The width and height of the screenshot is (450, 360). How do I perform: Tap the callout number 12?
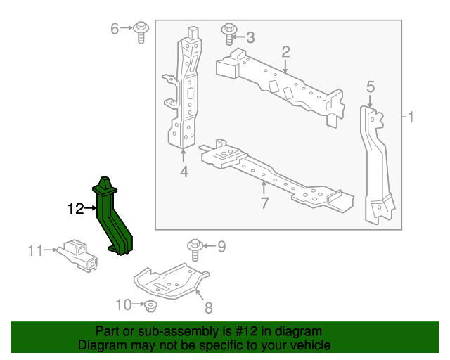coord(75,208)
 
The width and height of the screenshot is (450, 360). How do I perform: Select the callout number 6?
coord(115,28)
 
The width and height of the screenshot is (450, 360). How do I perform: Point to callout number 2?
coord(286,51)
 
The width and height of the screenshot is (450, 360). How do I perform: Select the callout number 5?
coord(371,86)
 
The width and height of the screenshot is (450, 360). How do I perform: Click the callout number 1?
coord(413,115)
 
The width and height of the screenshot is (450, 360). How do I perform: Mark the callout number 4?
coord(184,171)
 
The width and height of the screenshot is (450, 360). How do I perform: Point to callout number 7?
coord(264,205)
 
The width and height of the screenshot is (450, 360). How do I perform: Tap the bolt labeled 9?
coord(194,248)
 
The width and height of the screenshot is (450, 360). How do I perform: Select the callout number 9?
coord(221,246)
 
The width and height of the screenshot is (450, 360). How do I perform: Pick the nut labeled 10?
coord(151,306)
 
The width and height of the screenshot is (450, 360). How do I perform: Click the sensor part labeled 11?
coord(79,255)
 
